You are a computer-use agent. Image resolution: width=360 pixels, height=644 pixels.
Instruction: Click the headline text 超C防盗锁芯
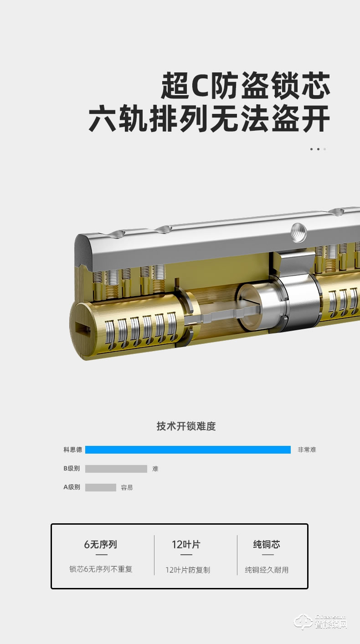[x=245, y=86]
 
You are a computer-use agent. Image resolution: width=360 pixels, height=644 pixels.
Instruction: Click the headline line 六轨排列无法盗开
[x=209, y=119]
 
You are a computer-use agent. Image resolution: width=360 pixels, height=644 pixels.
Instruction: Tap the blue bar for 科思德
[x=188, y=450]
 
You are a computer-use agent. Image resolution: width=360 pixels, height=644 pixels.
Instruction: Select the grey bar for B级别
[x=116, y=469]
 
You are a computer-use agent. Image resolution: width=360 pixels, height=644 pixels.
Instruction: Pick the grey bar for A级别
[x=100, y=487]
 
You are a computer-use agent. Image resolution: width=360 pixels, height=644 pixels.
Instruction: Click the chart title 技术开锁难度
[x=186, y=426]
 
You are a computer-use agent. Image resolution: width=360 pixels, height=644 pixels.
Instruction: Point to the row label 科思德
[x=72, y=450]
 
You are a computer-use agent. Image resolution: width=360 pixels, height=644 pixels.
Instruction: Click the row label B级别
[x=72, y=469]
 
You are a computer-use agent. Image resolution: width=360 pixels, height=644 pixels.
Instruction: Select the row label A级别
[x=72, y=487]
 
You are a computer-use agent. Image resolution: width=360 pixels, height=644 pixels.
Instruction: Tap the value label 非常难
[x=307, y=450]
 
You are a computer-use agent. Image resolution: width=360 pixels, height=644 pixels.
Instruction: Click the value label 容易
[x=127, y=487]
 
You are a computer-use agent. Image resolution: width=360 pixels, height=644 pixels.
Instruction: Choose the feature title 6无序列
[x=101, y=544]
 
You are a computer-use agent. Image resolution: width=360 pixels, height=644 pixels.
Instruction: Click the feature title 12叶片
[x=186, y=544]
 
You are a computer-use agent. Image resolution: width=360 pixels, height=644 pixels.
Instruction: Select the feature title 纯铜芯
[x=267, y=544]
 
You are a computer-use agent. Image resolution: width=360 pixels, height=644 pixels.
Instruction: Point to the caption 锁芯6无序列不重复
[x=101, y=569]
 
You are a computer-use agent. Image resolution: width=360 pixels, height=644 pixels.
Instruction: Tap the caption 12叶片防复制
[x=188, y=570]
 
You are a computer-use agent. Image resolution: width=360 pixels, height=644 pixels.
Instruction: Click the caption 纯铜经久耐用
[x=267, y=570]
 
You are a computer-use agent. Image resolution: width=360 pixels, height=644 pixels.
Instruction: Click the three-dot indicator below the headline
[x=318, y=149]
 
